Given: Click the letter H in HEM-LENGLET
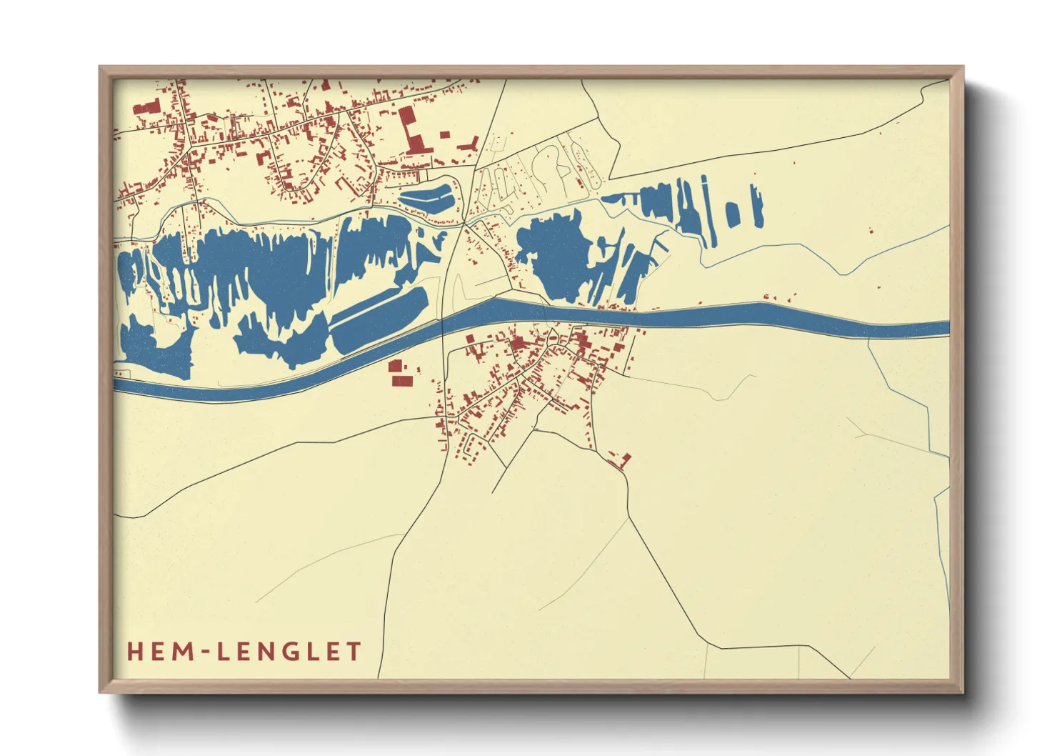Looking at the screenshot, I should point(135,652).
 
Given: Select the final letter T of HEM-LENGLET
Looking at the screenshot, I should point(354,652).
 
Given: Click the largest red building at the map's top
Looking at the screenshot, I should point(410,129).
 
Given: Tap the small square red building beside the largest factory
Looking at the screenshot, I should point(445,134).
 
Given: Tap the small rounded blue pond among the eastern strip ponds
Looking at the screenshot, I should point(732,214).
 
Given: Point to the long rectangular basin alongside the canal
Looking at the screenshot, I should point(379,320).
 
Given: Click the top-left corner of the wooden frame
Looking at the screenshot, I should point(101,68).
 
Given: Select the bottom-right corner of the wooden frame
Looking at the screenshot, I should point(962,692).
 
